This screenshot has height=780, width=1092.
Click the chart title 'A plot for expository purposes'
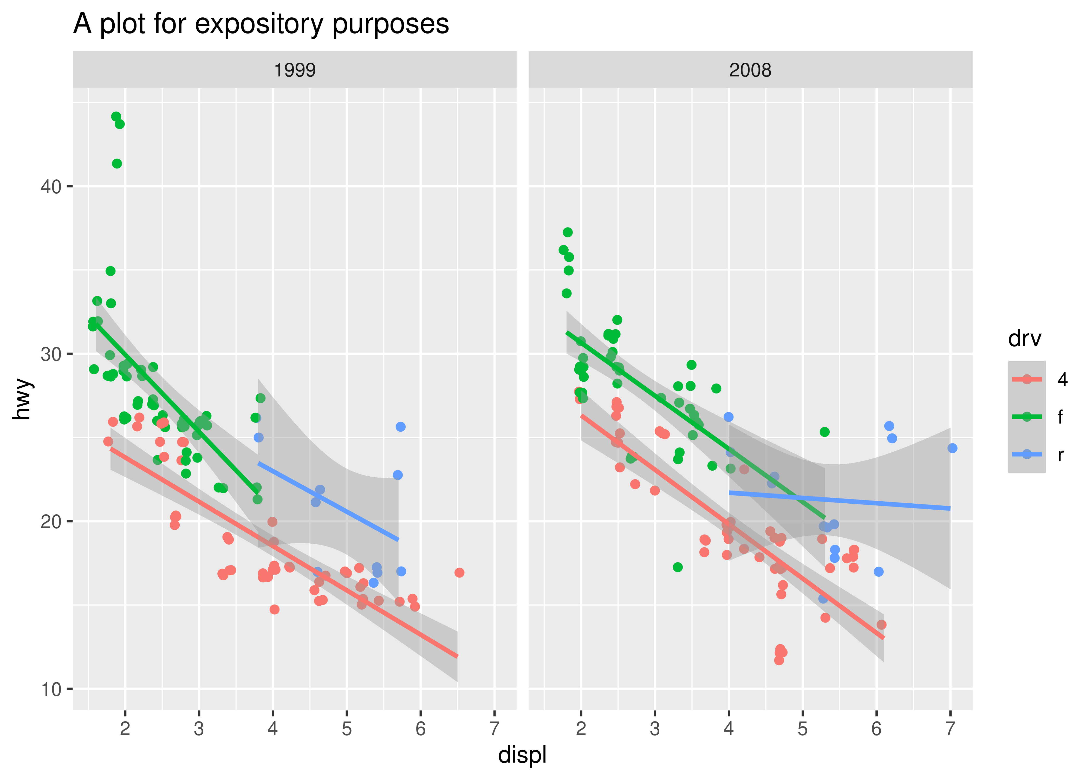coord(261,24)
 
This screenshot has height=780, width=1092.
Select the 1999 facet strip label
coord(294,70)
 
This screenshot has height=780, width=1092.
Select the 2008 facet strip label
coord(750,70)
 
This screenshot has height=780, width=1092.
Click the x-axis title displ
coord(522,755)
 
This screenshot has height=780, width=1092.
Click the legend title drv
coord(1025,339)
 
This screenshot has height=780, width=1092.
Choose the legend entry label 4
coord(1062,379)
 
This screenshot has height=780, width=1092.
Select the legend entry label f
coord(1060,417)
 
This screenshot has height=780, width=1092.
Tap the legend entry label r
coord(1060,454)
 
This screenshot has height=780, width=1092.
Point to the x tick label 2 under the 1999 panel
coord(125,729)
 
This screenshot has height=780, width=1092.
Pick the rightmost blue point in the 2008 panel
coord(953,448)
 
